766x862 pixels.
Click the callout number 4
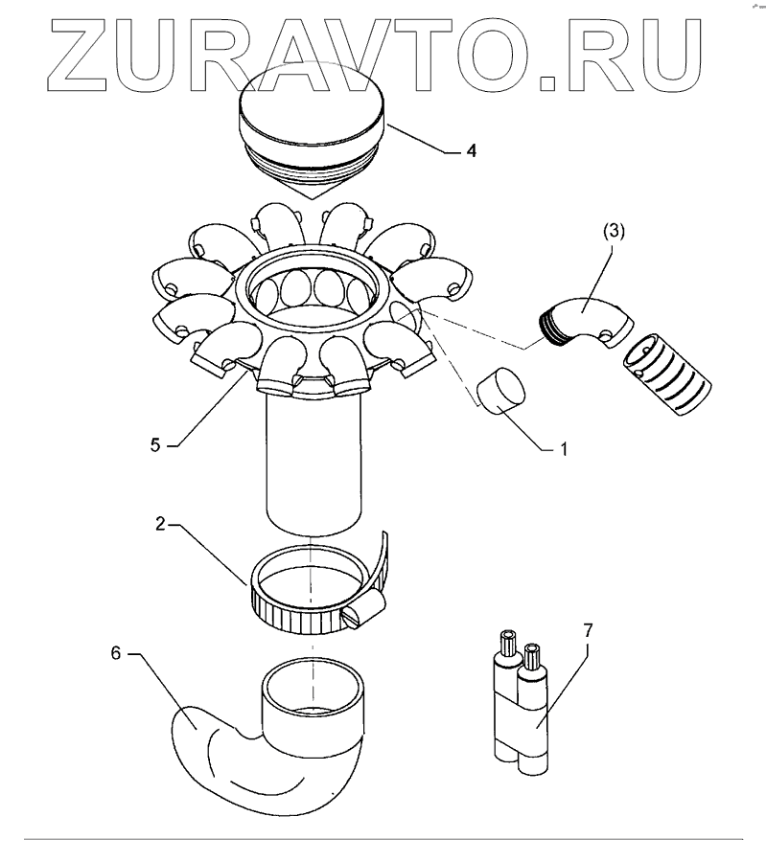(x=471, y=151)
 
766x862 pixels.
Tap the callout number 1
(x=565, y=446)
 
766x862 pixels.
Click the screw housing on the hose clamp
(x=364, y=613)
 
